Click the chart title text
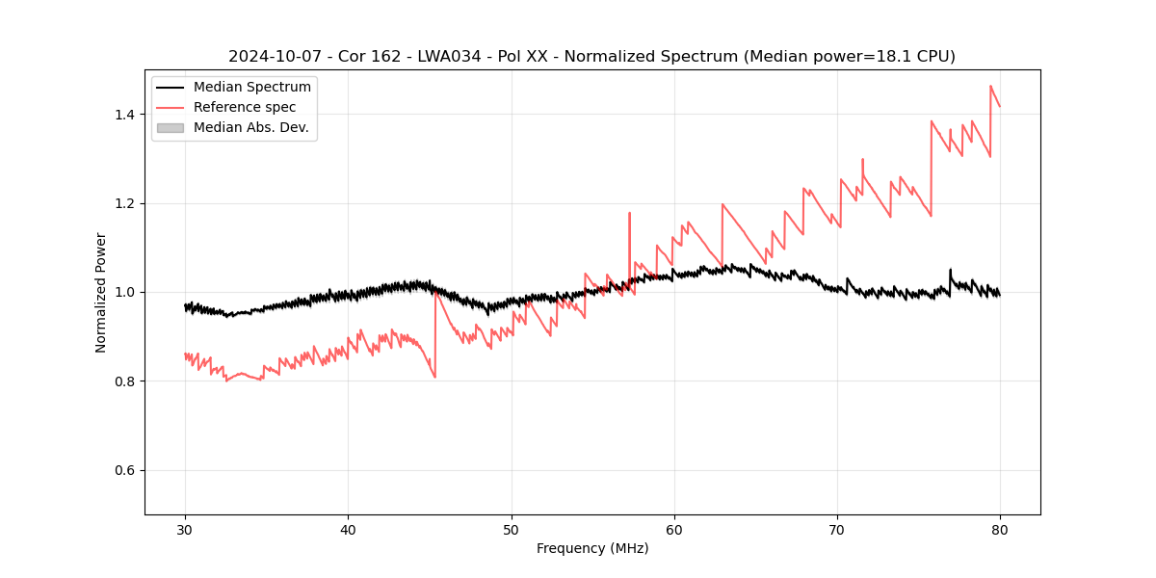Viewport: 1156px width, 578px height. coord(591,57)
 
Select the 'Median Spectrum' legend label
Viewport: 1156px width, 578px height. coord(252,88)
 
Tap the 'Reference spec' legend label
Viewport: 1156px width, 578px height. coord(245,107)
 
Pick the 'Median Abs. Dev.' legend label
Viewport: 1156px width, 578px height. coord(251,127)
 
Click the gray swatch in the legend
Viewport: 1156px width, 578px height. coord(170,127)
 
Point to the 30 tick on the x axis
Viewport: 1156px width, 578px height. coord(185,530)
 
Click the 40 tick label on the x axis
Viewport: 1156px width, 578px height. coord(348,530)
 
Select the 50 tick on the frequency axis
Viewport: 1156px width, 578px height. coord(512,530)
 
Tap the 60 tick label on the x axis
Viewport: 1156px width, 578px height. coord(674,530)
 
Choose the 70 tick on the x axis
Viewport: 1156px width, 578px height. coord(837,530)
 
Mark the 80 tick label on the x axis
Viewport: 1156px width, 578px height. coord(1000,530)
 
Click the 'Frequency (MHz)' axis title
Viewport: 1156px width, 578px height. coord(592,549)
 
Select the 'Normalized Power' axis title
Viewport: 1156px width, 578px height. coord(101,292)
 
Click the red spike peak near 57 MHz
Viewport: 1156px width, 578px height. coord(629,214)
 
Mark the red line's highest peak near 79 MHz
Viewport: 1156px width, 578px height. coord(990,86)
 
